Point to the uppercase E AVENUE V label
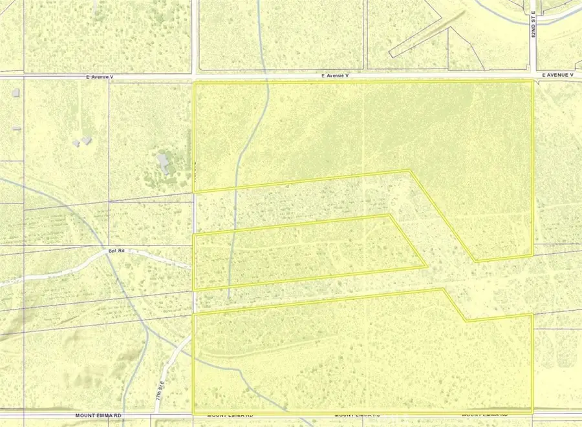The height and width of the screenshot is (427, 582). coord(558,76)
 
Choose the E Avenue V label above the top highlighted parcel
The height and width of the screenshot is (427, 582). coord(336,76)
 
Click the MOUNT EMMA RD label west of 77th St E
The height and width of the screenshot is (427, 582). coord(98,415)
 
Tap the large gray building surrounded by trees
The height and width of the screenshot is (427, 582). coord(164,161)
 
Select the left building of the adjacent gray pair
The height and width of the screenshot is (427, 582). coord(77,142)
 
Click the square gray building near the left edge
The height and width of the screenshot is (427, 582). coord(15,92)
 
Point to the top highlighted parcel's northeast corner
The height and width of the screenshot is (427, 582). coord(533,82)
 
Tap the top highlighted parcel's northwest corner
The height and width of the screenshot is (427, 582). coord(195,83)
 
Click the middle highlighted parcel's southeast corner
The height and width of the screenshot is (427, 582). coord(426,266)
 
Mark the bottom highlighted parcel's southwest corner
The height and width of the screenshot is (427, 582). coord(195,413)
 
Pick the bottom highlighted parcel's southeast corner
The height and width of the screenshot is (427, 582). coord(532,411)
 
